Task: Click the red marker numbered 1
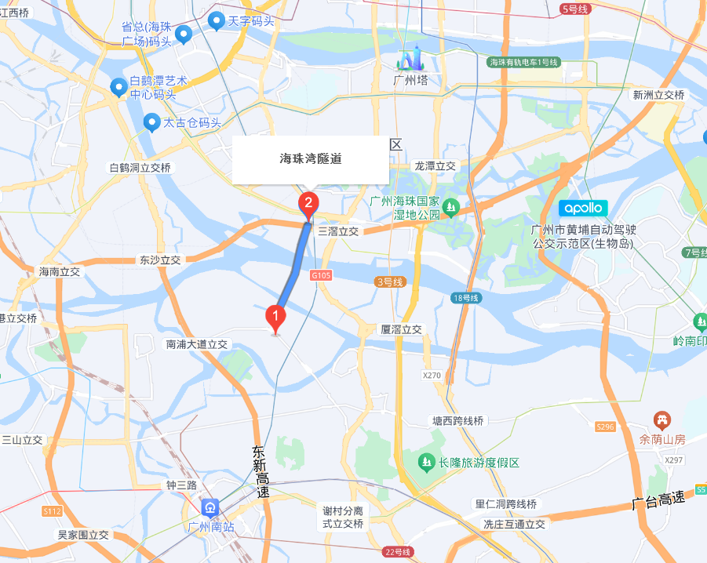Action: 275,318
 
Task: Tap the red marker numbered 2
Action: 308,205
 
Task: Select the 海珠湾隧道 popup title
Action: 311,158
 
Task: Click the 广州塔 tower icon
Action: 410,58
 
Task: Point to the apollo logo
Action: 583,208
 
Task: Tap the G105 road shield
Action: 321,275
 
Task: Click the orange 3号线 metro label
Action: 389,281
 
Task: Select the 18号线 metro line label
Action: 465,298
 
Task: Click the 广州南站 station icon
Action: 210,507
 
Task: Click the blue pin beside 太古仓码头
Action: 152,122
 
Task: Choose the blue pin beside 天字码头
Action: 217,22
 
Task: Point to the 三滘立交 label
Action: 338,231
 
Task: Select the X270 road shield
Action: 432,376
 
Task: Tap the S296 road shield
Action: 604,427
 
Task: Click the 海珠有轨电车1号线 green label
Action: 523,62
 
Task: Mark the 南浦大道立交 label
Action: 196,343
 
